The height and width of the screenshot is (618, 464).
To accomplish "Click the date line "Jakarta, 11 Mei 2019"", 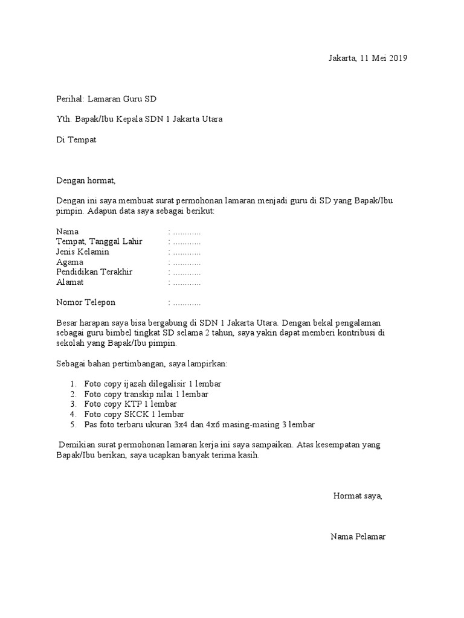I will tap(367, 59).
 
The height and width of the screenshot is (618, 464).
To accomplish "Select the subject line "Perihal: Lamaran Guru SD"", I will tap(106, 99).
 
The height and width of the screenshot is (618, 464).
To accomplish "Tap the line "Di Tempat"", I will tap(76, 140).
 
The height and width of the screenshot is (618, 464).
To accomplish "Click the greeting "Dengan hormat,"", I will tap(85, 180).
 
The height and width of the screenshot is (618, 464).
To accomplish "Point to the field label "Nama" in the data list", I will tap(67, 232).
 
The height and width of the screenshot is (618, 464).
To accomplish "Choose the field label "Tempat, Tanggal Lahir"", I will tap(99, 241).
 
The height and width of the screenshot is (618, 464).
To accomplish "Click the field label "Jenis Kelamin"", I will tap(83, 252).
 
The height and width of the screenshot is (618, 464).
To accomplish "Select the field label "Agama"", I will tap(69, 262).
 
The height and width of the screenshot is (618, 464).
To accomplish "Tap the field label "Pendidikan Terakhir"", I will tap(94, 272).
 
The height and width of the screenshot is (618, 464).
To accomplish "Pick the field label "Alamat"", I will tap(70, 282).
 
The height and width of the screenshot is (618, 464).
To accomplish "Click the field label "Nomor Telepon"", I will tap(86, 302).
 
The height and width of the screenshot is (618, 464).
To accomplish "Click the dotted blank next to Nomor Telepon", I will tap(186, 303).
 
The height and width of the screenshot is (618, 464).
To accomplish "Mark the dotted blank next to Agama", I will tap(186, 263).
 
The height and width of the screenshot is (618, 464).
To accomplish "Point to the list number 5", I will tap(72, 424).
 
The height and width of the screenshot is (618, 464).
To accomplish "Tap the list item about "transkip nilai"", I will tap(146, 394).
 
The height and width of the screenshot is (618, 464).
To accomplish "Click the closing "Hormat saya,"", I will tap(358, 496).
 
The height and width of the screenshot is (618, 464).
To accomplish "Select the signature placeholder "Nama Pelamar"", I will tap(358, 537).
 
